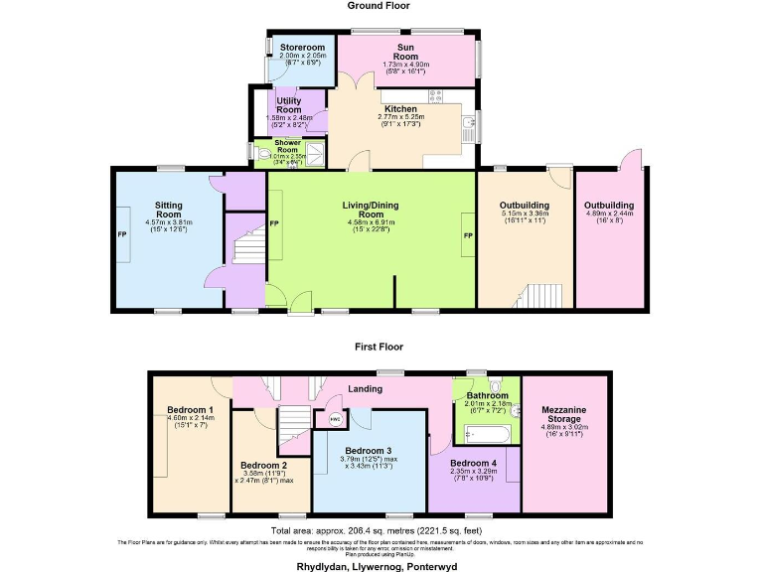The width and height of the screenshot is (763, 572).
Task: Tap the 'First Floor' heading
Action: click(381, 348)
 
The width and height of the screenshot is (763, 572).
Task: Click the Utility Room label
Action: click(289, 103)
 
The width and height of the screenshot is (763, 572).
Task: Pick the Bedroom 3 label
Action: click(376, 450)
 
